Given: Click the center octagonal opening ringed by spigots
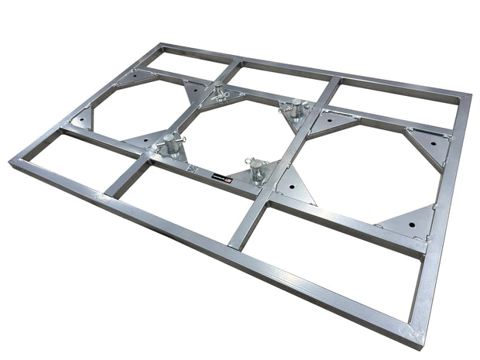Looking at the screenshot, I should click(232, 132).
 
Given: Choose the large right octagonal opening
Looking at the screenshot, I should click(364, 170).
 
